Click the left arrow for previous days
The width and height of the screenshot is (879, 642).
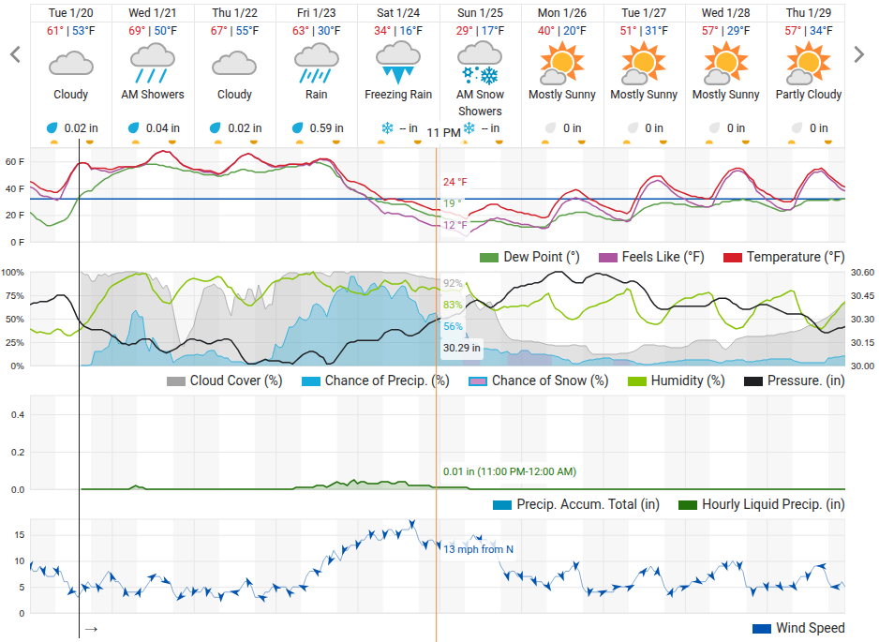tap(15, 54)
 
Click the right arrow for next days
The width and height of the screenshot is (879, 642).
tap(858, 54)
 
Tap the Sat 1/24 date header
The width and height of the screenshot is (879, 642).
tap(398, 13)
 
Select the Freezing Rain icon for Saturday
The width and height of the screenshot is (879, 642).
tap(398, 64)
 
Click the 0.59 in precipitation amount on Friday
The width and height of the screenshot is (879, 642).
tap(326, 128)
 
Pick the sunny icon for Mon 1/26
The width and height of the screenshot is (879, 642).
tap(561, 63)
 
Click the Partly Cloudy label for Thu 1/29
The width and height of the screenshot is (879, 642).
tap(809, 95)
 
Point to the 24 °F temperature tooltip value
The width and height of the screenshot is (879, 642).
tap(454, 182)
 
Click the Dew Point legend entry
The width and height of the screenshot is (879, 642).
tap(529, 258)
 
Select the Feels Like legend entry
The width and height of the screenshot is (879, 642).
tap(651, 258)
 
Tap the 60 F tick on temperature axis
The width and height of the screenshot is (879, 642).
tap(15, 162)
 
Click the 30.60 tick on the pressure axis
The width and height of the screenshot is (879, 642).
tap(862, 273)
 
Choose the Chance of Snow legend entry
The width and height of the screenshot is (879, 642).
tap(539, 381)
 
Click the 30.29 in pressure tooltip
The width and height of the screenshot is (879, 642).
tap(461, 348)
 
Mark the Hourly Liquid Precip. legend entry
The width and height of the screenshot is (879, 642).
tap(761, 504)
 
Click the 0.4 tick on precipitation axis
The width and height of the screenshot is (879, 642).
tap(18, 415)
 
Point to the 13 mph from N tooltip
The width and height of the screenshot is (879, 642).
tap(478, 549)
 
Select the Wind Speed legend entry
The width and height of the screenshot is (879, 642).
tap(798, 628)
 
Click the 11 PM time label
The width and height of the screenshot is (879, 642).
tap(443, 133)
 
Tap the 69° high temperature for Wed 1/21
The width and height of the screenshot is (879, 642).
tap(137, 31)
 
